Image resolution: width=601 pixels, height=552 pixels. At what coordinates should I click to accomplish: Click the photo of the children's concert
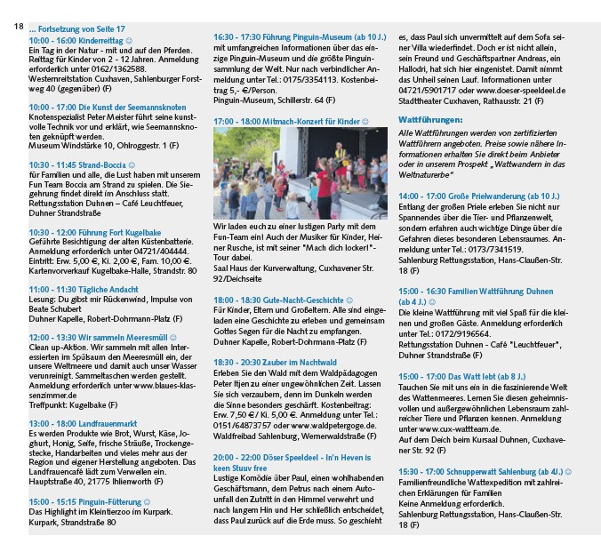[300, 174]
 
